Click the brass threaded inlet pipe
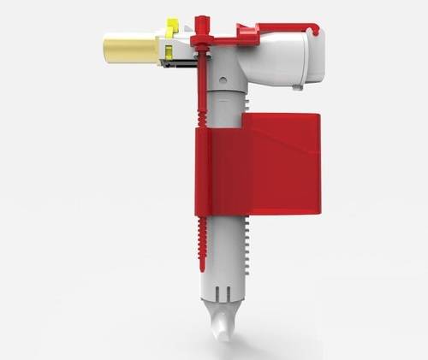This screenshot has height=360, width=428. coord(130,48)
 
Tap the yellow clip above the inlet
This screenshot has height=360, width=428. coord(172,29)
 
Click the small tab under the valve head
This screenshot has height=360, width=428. coord(296,86)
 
